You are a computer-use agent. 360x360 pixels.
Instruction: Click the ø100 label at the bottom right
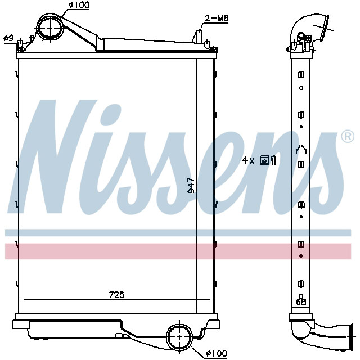click(216, 353)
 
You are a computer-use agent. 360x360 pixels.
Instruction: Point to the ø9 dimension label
click(8, 38)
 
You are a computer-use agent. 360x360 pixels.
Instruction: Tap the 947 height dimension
click(191, 186)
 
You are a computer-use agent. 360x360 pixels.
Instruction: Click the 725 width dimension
click(116, 295)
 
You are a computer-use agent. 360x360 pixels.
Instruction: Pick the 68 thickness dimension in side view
click(301, 303)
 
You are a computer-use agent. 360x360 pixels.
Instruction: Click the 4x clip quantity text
click(248, 160)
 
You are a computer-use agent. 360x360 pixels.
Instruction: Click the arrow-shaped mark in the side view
click(301, 150)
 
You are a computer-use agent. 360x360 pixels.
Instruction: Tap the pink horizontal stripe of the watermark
click(180, 251)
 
